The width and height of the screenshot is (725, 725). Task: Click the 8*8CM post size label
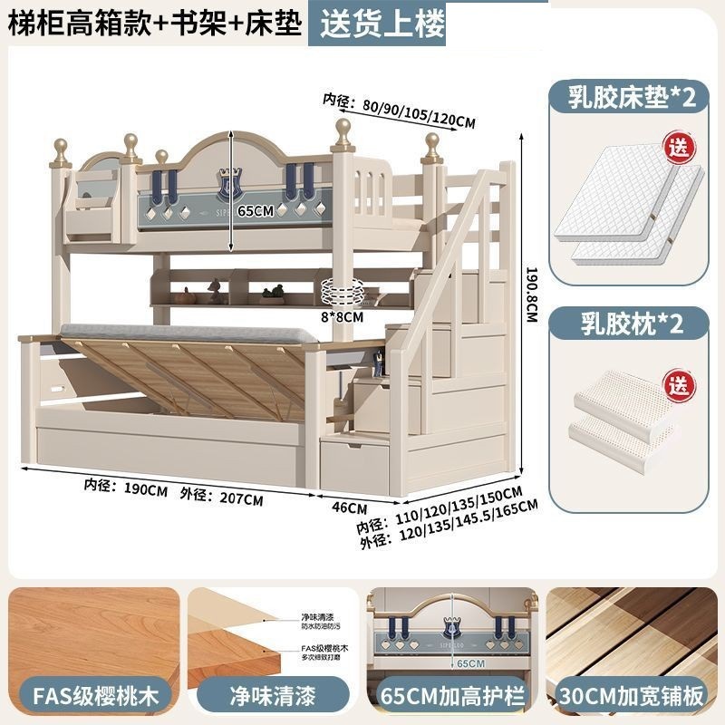pos(343,317)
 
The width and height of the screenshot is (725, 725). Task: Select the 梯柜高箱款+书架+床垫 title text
pos(154,24)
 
